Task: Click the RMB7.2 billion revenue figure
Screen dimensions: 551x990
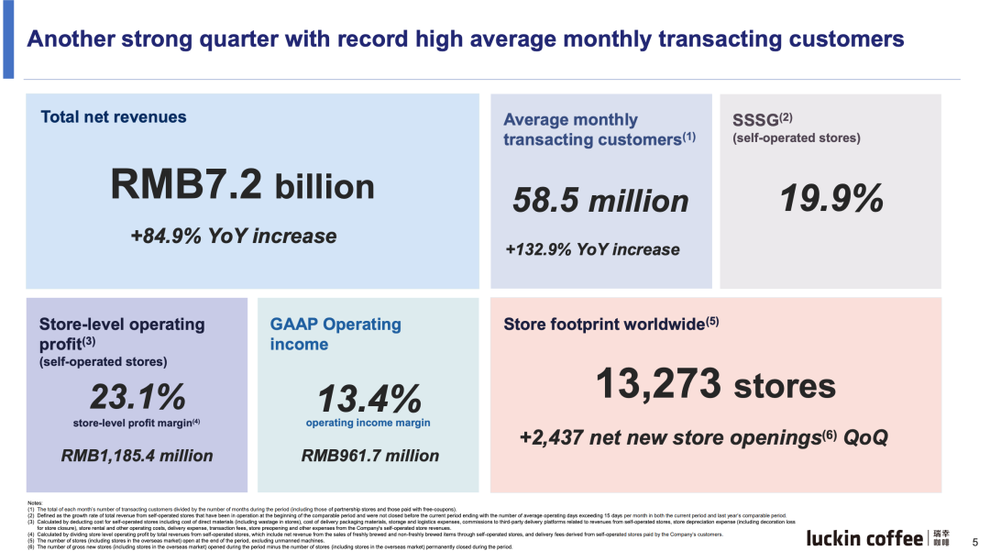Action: pos(243,185)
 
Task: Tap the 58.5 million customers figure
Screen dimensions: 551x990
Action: pos(600,201)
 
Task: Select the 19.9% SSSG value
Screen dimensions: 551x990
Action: pos(831,198)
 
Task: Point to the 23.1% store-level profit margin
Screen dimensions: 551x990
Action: pos(137,397)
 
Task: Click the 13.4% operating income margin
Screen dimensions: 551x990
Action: pos(369,399)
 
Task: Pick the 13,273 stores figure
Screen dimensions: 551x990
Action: pos(716,384)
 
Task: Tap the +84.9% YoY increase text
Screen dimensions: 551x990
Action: pos(234,237)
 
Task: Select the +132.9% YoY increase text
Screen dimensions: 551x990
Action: pos(592,249)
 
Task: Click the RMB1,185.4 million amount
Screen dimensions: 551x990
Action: pos(137,456)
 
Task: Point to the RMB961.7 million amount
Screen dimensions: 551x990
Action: pos(370,456)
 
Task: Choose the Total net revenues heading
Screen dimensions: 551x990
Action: pos(114,117)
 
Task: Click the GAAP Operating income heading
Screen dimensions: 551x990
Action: pos(335,334)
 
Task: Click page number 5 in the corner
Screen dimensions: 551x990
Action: pos(974,542)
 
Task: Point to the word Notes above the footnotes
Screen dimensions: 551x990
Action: pos(34,503)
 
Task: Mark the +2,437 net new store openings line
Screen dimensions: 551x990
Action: pos(703,437)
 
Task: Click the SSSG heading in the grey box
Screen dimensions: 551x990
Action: pos(757,119)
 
